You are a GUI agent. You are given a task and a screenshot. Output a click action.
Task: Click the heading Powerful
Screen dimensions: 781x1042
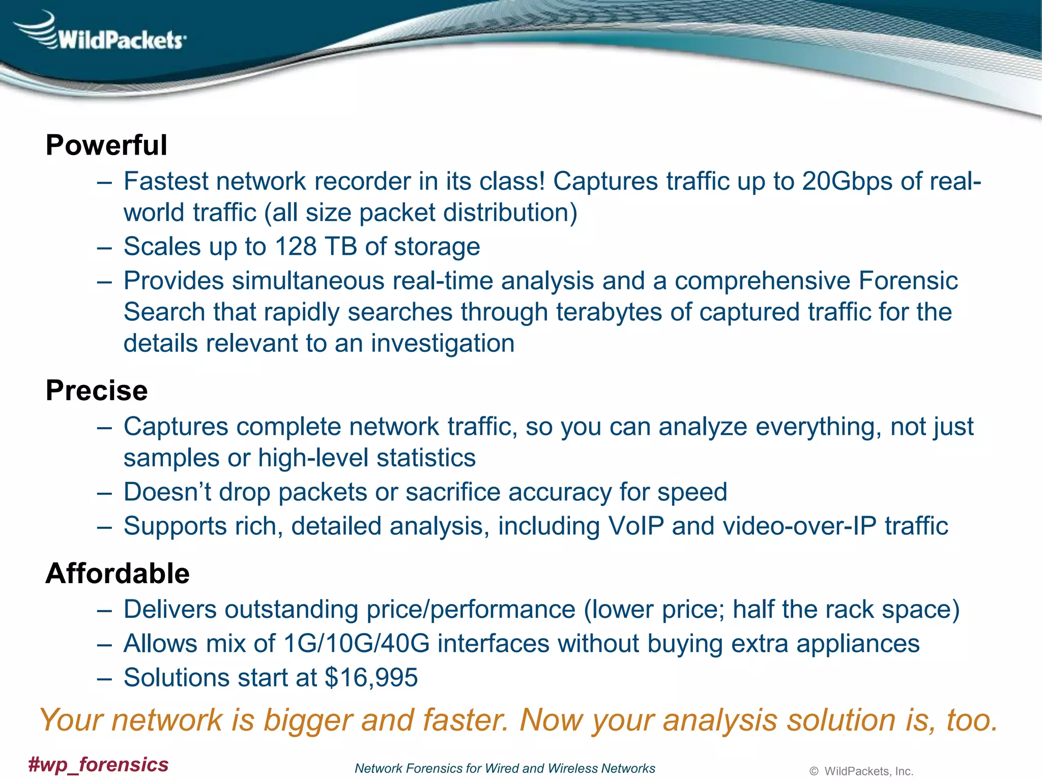point(106,145)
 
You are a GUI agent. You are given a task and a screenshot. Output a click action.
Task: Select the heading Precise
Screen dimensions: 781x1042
point(97,390)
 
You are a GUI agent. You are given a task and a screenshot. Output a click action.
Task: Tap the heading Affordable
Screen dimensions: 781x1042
point(118,574)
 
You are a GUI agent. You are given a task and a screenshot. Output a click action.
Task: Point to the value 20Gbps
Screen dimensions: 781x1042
point(847,182)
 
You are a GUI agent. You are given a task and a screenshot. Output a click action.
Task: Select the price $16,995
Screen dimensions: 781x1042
point(371,678)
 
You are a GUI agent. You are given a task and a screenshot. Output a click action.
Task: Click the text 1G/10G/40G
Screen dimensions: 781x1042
point(357,644)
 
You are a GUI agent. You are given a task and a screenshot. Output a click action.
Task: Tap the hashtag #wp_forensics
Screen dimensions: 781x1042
point(98,765)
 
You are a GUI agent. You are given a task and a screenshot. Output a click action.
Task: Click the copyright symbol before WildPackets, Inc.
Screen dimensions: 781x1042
point(814,772)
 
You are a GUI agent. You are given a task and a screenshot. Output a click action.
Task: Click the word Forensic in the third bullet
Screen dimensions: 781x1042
point(908,281)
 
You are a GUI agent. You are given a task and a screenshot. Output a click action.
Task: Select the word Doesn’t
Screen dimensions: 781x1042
point(167,492)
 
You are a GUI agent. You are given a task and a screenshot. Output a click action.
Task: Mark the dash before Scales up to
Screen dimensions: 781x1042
point(104,248)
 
